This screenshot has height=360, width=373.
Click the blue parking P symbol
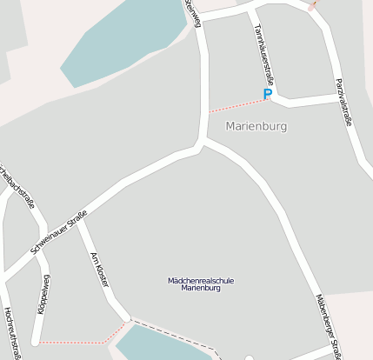click(268, 93)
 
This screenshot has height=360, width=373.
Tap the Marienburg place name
click(256, 126)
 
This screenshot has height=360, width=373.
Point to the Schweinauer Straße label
click(59, 232)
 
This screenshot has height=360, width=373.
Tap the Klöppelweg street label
click(43, 295)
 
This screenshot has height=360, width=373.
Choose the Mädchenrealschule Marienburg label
click(201, 283)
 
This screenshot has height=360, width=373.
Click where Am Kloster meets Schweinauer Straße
click(79, 221)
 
